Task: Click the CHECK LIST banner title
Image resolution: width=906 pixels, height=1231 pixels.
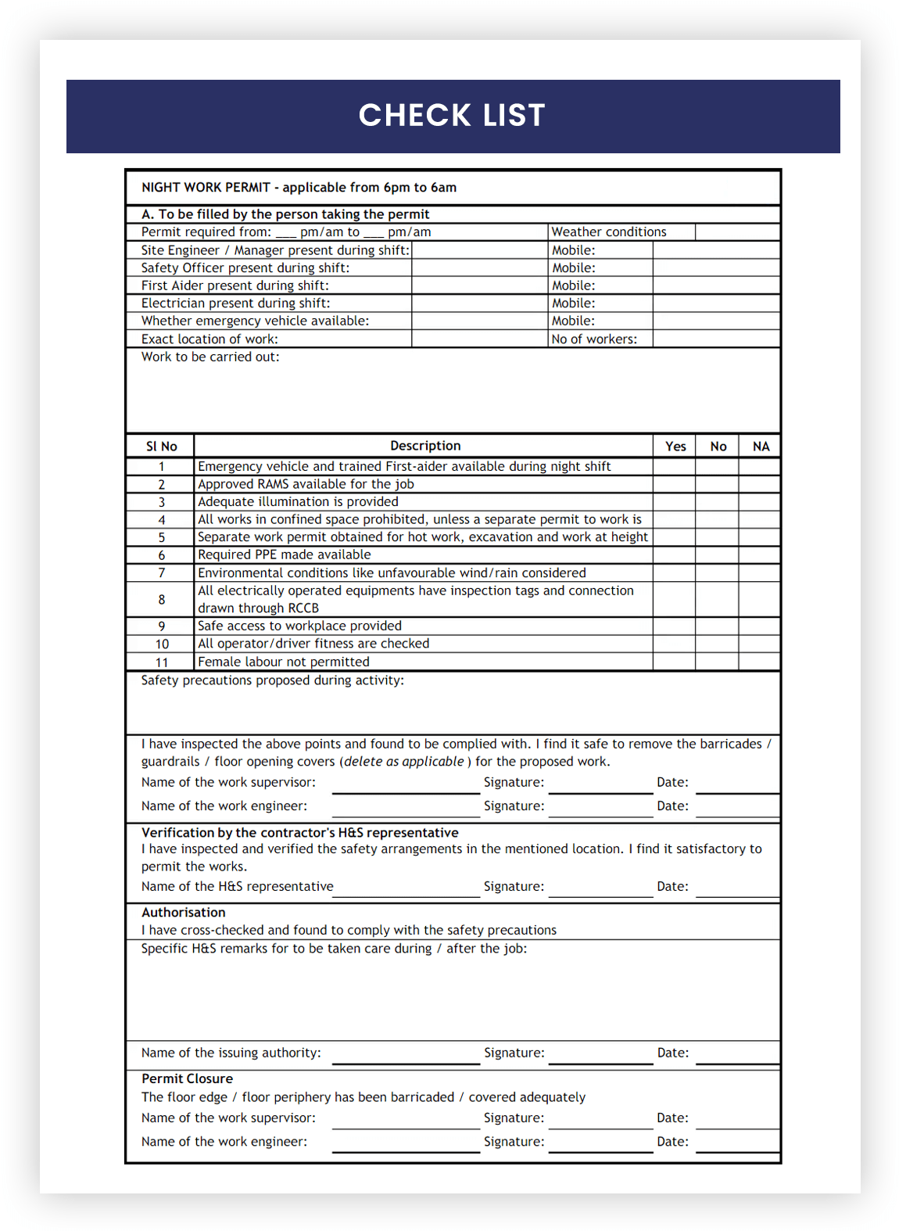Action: pos(452,116)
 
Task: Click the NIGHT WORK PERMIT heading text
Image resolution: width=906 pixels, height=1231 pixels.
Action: pos(299,188)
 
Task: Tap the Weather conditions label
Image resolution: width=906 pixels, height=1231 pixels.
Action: pos(609,232)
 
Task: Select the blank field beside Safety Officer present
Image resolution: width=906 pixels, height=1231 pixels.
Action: pos(479,268)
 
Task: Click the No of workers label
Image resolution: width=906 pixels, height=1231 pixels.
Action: pos(594,339)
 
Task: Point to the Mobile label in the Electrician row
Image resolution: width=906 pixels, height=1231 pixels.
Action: pos(574,303)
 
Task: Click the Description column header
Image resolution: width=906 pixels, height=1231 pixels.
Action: pos(425,446)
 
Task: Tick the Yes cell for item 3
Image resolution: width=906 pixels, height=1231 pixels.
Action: pos(675,502)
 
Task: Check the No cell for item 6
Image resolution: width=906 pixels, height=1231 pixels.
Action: pos(717,555)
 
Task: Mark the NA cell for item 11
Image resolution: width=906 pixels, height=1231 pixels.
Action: pos(760,662)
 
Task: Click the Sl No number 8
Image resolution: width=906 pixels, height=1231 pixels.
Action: pos(162,600)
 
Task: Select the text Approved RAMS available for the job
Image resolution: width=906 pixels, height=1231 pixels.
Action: pos(306,484)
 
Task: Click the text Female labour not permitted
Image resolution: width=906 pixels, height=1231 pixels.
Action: pos(283,662)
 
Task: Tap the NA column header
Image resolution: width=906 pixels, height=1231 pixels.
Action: pos(761,447)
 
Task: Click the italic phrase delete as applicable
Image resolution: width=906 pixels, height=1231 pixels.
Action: pos(404,762)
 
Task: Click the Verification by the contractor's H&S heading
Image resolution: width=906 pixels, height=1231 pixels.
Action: pos(299,833)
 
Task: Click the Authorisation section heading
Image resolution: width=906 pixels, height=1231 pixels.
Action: pos(184,913)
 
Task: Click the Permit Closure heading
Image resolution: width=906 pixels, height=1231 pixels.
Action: pos(187,1079)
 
